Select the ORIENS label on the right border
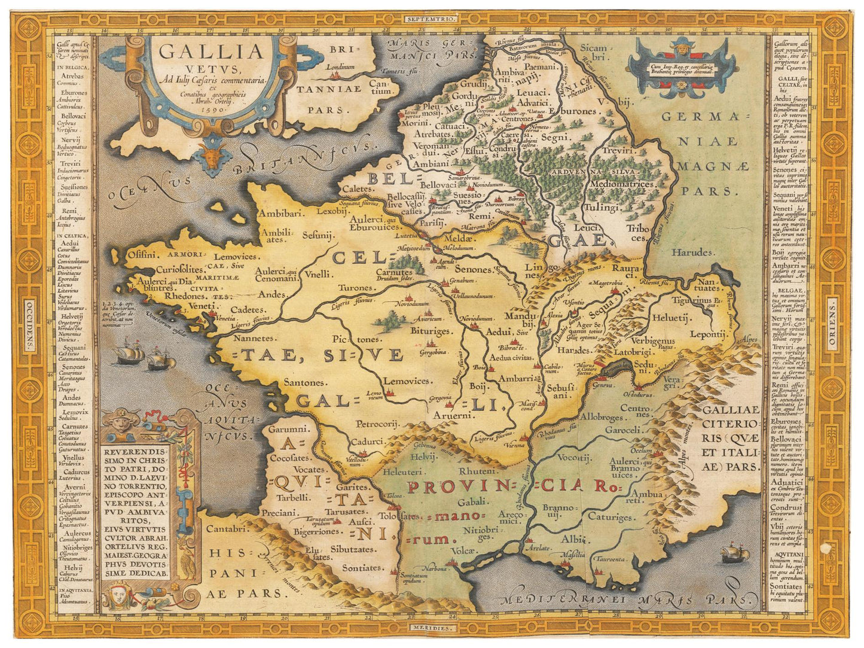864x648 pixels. coord(833,324)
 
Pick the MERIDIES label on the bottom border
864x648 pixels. coord(432,628)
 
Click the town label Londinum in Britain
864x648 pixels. coord(340,67)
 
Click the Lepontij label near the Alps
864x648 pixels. coord(708,334)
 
